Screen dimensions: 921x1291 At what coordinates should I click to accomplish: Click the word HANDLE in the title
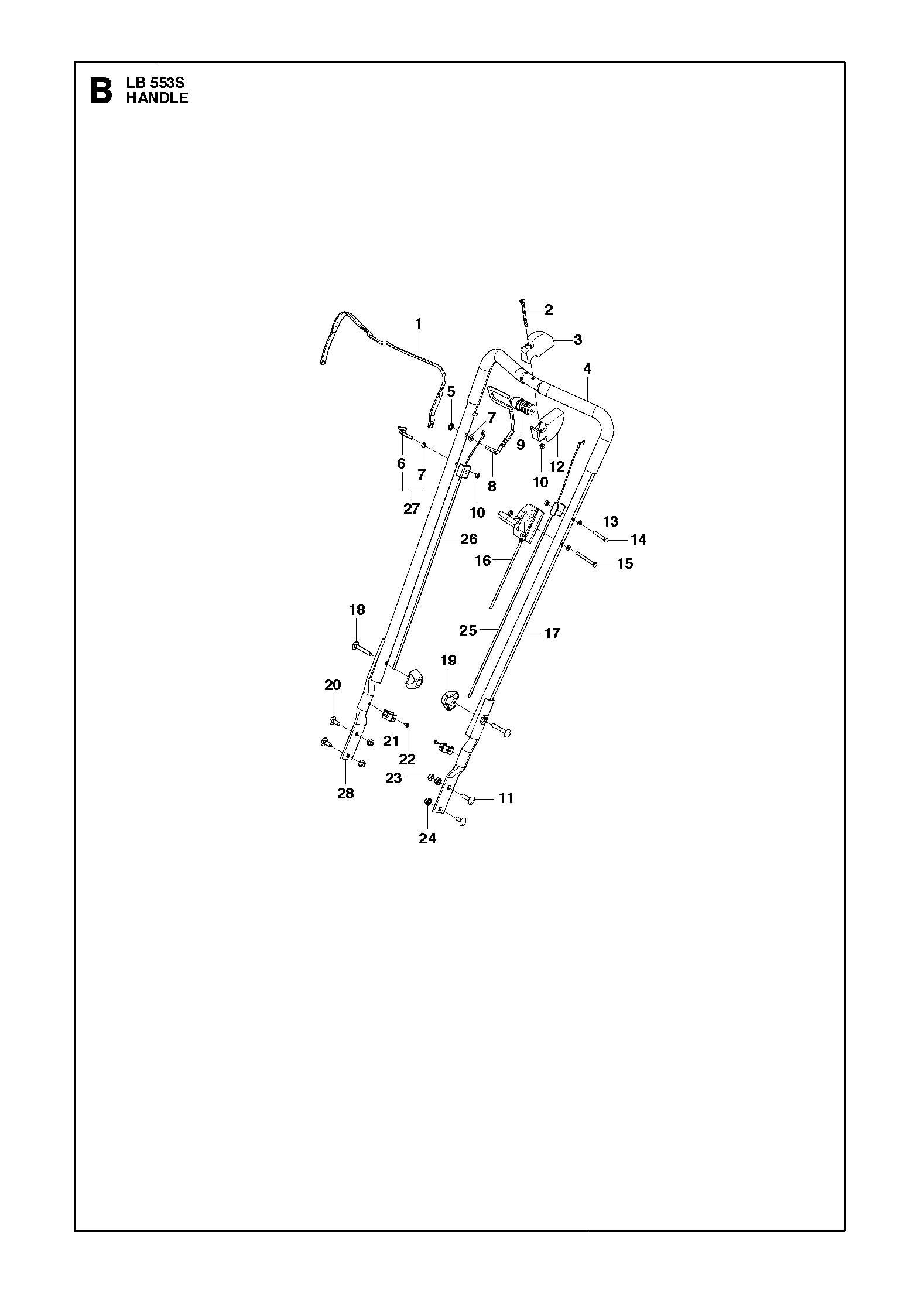click(157, 98)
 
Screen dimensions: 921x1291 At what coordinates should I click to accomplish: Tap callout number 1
click(419, 323)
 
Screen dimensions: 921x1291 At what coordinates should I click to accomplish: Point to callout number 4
click(587, 368)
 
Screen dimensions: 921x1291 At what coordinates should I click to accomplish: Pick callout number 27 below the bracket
click(412, 508)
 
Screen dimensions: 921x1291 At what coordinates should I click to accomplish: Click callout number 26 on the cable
click(469, 539)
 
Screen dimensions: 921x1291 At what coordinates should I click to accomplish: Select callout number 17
click(552, 633)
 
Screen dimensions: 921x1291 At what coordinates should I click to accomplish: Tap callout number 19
click(448, 661)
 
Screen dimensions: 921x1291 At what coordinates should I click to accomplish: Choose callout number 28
click(346, 793)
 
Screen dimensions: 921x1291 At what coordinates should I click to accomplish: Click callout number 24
click(427, 839)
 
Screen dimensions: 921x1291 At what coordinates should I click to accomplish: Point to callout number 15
click(625, 563)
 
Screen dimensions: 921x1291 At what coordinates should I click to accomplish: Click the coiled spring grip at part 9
click(523, 406)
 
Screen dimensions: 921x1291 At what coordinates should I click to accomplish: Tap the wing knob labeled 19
click(448, 701)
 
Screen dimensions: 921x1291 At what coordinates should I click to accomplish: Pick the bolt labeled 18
click(362, 648)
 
